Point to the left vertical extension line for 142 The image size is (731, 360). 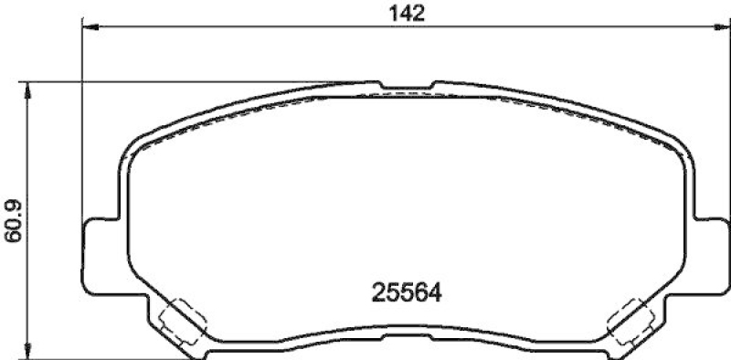83,119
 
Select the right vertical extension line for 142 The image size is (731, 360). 721,119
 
